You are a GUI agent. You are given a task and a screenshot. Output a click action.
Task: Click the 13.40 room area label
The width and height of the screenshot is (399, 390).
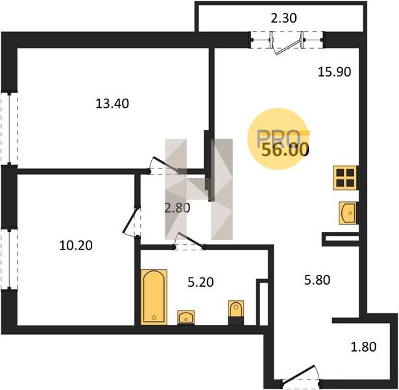click(112, 103)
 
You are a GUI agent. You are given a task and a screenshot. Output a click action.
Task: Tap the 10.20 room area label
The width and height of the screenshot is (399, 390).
click(76, 246)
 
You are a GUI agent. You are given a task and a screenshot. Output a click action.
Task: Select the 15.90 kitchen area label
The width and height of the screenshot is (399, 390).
click(334, 72)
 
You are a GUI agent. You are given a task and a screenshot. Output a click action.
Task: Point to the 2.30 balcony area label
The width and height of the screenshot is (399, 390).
click(284, 18)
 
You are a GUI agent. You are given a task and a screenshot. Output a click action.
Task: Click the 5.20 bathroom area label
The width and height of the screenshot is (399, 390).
click(200, 282)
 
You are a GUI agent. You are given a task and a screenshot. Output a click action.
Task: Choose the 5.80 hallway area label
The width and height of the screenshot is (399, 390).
click(317, 279)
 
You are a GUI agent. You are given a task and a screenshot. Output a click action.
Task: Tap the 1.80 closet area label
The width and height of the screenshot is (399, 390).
click(363, 347)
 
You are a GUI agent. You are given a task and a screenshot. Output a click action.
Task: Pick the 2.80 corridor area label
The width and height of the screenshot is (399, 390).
click(177, 208)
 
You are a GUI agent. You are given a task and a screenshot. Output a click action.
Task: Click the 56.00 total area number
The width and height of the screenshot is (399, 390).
click(285, 150)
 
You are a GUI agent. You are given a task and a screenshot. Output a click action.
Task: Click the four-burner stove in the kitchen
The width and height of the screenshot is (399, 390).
click(346, 177)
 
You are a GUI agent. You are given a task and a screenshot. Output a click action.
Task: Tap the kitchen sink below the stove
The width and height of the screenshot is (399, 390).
click(348, 213)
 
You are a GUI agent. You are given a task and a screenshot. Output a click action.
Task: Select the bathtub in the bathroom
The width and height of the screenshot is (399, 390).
click(154, 297)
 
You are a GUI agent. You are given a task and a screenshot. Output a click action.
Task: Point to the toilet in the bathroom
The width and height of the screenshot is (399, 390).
click(236, 312)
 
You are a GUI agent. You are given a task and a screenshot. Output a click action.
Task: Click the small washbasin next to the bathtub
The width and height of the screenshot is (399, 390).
click(186, 317)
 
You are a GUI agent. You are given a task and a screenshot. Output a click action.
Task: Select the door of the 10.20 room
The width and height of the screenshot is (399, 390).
click(131, 221)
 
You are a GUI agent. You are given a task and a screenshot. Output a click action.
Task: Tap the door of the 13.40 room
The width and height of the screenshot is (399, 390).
click(164, 165)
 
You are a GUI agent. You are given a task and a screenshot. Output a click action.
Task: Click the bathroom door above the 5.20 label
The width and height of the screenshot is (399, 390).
click(189, 241)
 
